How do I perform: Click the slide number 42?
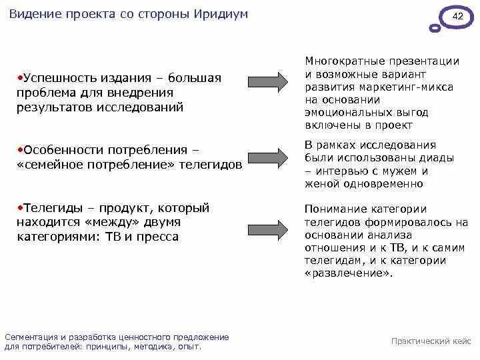[458, 15]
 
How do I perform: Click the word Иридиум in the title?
[223, 14]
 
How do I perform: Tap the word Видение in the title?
[34, 14]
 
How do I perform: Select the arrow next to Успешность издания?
[268, 81]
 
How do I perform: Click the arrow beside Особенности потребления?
[268, 158]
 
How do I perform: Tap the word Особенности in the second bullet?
[59, 150]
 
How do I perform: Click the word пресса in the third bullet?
[158, 237]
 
